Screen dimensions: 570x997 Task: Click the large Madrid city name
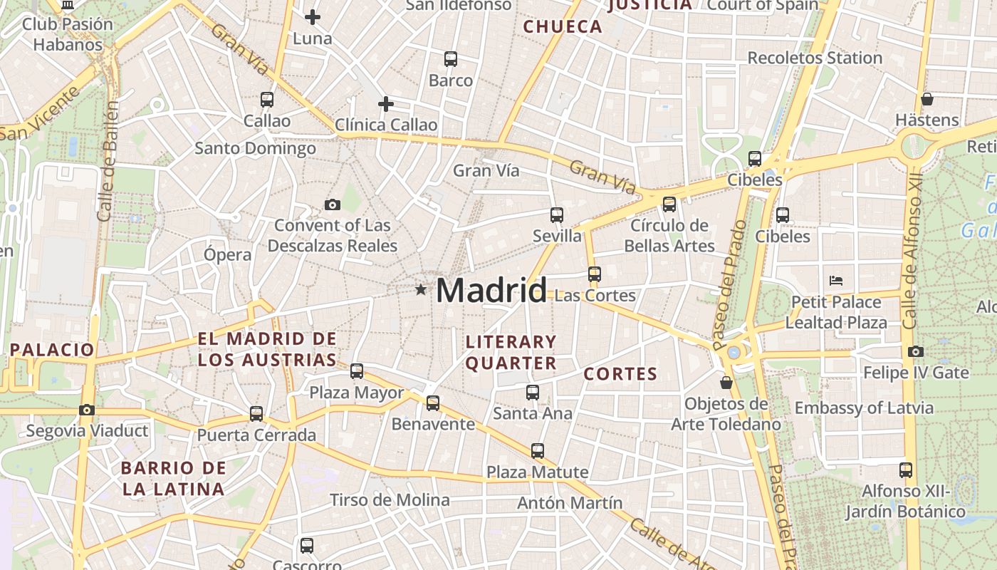click(x=491, y=291)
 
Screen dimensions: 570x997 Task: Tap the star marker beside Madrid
click(x=421, y=290)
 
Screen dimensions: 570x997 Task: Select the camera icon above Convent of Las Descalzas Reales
click(x=332, y=205)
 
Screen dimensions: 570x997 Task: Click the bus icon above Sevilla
click(x=557, y=214)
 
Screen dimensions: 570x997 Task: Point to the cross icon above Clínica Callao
click(x=386, y=104)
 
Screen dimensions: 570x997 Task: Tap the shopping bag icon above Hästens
click(x=926, y=99)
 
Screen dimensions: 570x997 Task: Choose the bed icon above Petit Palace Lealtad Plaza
click(x=836, y=281)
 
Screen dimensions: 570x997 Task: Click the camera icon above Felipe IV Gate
click(x=916, y=351)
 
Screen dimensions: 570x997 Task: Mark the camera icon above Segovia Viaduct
click(x=87, y=410)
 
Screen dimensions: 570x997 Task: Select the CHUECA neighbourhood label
click(x=563, y=27)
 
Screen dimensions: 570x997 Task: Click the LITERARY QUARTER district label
click(x=511, y=353)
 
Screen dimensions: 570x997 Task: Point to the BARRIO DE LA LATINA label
click(x=173, y=479)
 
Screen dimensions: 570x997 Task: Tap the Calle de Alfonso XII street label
click(x=912, y=249)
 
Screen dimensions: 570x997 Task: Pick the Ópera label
click(x=227, y=254)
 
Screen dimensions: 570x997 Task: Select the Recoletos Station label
click(x=815, y=58)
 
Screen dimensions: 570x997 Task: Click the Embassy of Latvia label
click(x=863, y=408)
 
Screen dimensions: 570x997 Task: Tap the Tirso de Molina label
click(x=390, y=500)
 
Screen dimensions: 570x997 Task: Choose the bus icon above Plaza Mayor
click(x=357, y=371)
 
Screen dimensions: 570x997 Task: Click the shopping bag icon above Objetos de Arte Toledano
click(x=726, y=383)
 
